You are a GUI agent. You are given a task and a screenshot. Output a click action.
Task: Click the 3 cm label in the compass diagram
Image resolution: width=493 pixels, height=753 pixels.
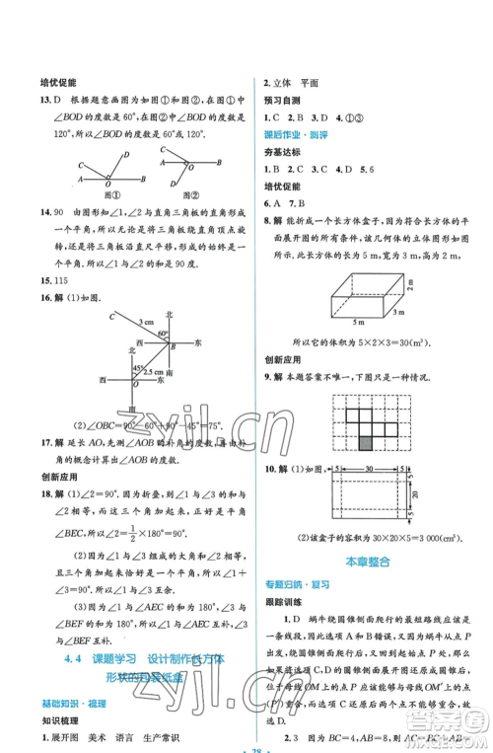click(145, 322)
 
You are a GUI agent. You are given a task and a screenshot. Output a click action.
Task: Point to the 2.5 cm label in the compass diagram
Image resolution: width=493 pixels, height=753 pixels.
click(151, 373)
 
